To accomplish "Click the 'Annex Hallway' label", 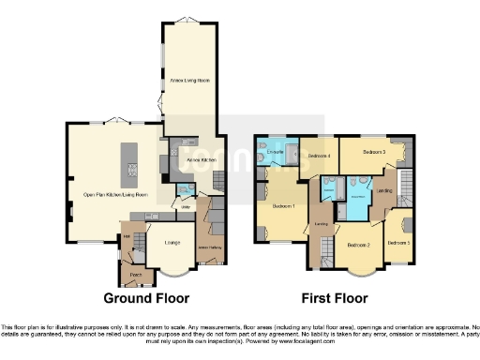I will pyautogui.click(x=209, y=247).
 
